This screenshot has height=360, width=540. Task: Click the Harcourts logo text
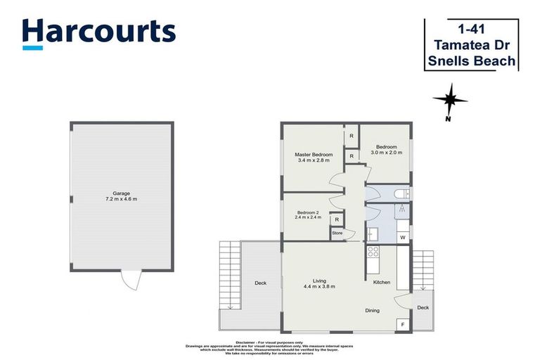pos(98,32)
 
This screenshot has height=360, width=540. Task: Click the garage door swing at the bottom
pos(130,279)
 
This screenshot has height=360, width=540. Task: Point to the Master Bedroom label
pos(314,155)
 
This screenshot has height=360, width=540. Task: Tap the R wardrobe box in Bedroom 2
pos(337,220)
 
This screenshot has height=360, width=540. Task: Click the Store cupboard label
pos(337,233)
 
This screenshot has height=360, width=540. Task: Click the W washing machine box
pos(403,238)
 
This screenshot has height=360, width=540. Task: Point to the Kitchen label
pos(381,282)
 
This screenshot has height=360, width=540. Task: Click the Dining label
pos(373,310)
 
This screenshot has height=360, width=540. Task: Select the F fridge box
pos(403,324)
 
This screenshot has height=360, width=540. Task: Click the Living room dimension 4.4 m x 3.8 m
pos(319,287)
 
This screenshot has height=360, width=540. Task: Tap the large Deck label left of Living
pos(260,283)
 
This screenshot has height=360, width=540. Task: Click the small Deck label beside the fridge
pos(423,307)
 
